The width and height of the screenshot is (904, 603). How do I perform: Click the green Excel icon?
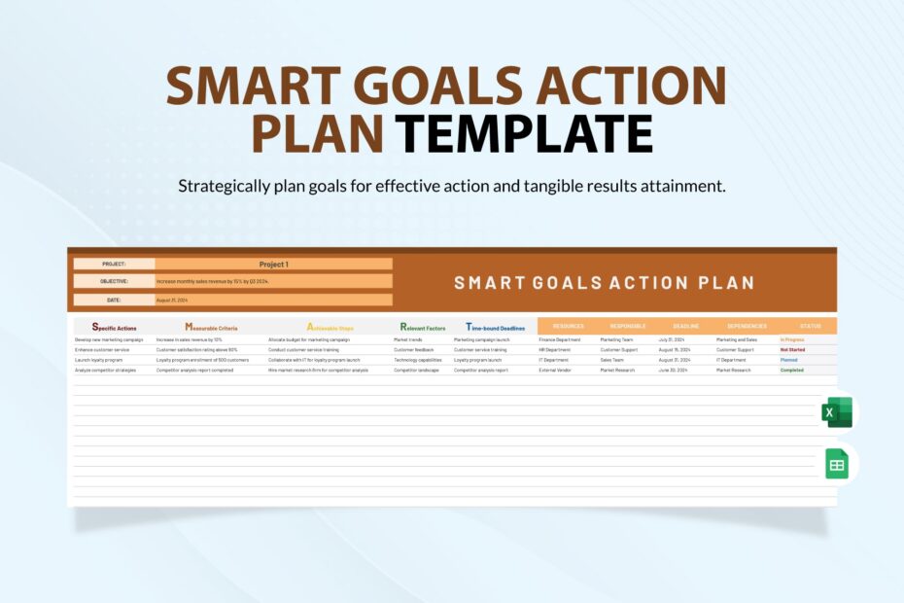[x=837, y=412]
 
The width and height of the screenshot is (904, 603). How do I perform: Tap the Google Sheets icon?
[x=837, y=464]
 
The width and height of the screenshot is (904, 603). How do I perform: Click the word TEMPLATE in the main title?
[x=526, y=133]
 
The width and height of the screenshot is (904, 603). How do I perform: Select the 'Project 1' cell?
[x=273, y=264]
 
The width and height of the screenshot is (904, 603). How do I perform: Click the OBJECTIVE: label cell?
[x=113, y=281]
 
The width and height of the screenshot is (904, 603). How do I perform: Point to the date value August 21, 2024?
[x=172, y=301]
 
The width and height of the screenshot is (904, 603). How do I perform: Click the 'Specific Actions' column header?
[x=114, y=328]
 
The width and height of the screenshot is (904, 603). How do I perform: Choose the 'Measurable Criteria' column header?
[x=211, y=328]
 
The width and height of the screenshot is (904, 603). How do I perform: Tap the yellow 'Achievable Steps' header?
[x=330, y=328]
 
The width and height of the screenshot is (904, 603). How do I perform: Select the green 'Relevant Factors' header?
[x=423, y=328]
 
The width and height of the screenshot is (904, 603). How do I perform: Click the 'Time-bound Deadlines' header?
[x=496, y=328]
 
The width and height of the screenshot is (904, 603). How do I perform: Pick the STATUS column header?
[x=810, y=326]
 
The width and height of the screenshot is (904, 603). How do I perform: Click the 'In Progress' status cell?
[x=792, y=339]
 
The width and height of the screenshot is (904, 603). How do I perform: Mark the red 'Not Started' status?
[x=792, y=349]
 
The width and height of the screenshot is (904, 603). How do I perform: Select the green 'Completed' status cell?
[x=792, y=371]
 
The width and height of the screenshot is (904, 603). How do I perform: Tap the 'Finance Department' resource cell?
[x=560, y=339]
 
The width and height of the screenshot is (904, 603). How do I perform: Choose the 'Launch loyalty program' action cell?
[x=101, y=360]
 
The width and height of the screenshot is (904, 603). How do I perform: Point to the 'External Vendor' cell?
[x=556, y=371]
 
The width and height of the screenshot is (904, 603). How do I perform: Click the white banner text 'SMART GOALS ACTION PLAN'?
[x=604, y=283]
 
